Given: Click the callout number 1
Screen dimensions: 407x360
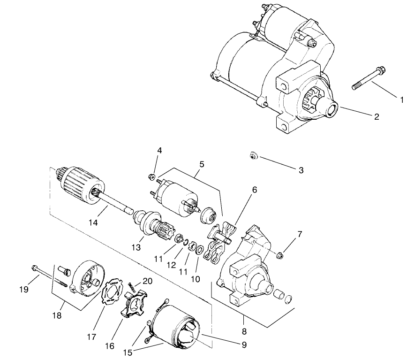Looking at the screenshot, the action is click(x=402, y=100).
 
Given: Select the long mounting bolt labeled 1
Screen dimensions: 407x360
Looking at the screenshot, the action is click(x=369, y=78).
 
